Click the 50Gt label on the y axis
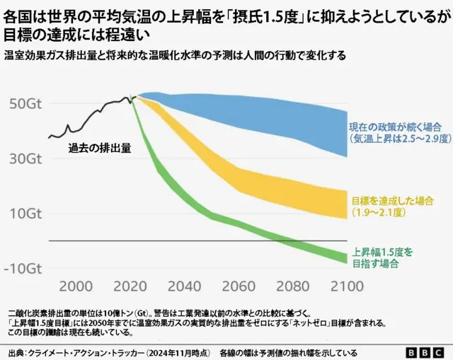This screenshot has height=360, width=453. coord(25,103)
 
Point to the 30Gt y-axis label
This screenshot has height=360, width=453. coord(25,158)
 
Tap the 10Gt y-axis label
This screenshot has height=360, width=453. coord(25,214)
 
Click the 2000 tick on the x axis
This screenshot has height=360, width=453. coord(76,286)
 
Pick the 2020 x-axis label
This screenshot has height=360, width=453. coord(131,286)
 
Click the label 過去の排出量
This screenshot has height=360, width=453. coord(100,149)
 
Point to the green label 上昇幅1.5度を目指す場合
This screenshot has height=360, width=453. coord(382,257)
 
